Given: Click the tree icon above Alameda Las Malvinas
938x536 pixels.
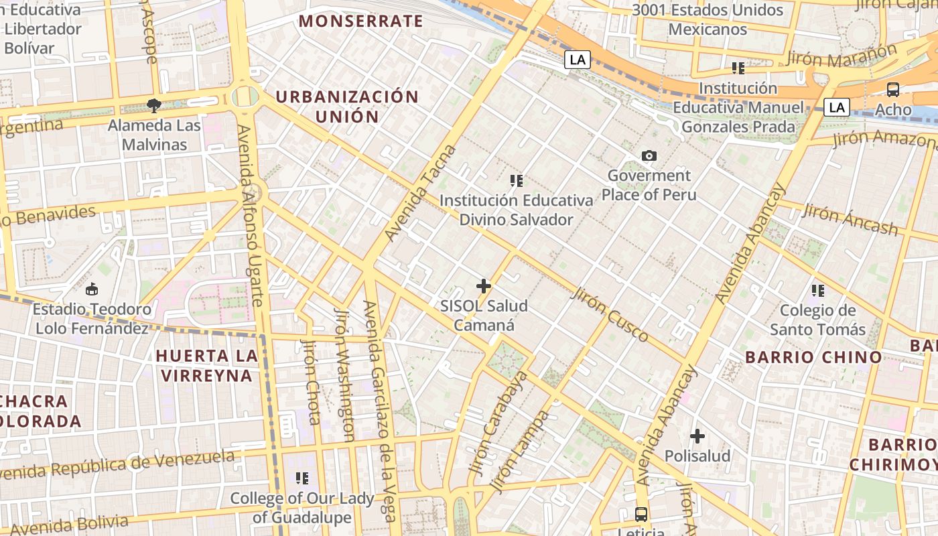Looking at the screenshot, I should (154, 105).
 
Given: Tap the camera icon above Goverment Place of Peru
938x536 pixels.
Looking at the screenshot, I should (649, 156).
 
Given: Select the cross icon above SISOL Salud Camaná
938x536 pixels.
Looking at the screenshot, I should (483, 286).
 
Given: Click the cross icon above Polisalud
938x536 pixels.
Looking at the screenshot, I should (697, 436).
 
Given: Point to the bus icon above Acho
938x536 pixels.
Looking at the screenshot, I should (892, 89).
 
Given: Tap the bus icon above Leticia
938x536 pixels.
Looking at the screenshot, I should (641, 514).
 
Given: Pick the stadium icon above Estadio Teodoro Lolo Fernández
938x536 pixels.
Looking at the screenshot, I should (92, 289).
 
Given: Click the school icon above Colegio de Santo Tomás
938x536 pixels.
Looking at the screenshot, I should (817, 290).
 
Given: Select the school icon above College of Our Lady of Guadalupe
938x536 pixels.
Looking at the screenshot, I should (301, 478).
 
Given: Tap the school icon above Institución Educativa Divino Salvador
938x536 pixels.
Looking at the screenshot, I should (516, 180).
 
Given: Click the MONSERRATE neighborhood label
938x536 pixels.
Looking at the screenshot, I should (360, 21).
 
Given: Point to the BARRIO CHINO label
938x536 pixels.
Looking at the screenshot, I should (813, 357).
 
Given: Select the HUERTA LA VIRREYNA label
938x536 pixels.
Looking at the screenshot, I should (206, 365).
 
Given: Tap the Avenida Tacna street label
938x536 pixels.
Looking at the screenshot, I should (421, 193).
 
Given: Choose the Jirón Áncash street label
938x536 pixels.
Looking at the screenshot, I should (850, 220).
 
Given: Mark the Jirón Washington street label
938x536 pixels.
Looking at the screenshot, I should (344, 374).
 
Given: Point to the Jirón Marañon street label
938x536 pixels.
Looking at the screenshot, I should (842, 56).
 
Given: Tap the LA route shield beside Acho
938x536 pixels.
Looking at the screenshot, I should (836, 107).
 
